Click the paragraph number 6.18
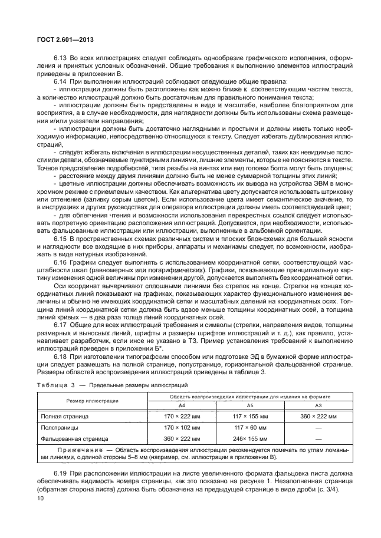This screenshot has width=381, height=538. pos(60,357)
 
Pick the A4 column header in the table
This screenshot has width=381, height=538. pos(182,406)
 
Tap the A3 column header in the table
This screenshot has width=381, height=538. pos(319,406)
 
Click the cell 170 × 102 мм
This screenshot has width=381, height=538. pos(182,427)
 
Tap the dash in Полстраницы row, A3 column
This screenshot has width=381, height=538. pos(319,427)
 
